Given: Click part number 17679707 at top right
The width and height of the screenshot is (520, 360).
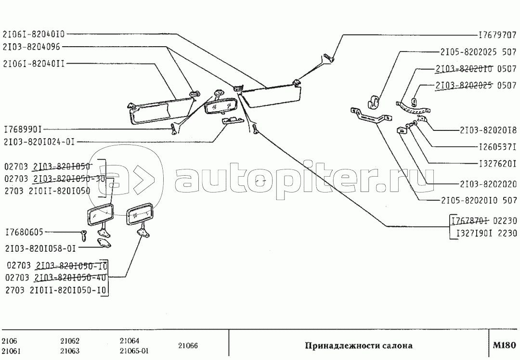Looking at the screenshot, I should click(497, 36).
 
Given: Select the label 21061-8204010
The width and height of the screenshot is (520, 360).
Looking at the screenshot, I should click(33, 34).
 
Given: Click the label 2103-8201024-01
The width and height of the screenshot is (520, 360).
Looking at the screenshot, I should click(39, 142).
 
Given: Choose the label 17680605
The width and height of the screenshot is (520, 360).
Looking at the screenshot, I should click(24, 232).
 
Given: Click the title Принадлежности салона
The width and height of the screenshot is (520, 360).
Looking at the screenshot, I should click(358, 346).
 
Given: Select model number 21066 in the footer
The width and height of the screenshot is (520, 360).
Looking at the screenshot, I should click(188, 346).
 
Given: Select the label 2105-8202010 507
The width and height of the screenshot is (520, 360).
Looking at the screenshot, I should click(479, 200).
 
